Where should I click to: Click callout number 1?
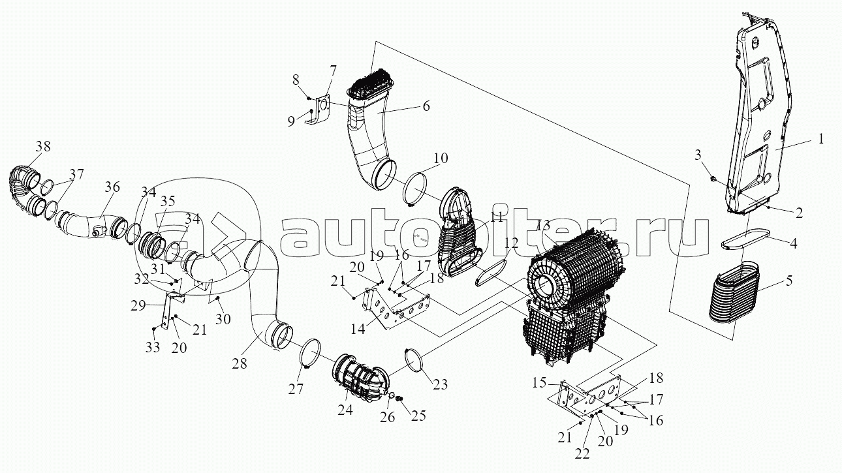tap(821, 139)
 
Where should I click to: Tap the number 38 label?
tap(43, 146)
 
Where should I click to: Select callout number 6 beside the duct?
tap(426, 106)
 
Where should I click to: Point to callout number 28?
tap(240, 363)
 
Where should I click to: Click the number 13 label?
tap(544, 226)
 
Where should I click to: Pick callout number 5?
tap(788, 281)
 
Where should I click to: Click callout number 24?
tap(345, 410)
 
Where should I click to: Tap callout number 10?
tap(440, 158)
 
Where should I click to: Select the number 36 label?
tap(112, 187)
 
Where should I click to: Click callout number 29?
tap(138, 305)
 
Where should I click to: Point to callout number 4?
tap(793, 244)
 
